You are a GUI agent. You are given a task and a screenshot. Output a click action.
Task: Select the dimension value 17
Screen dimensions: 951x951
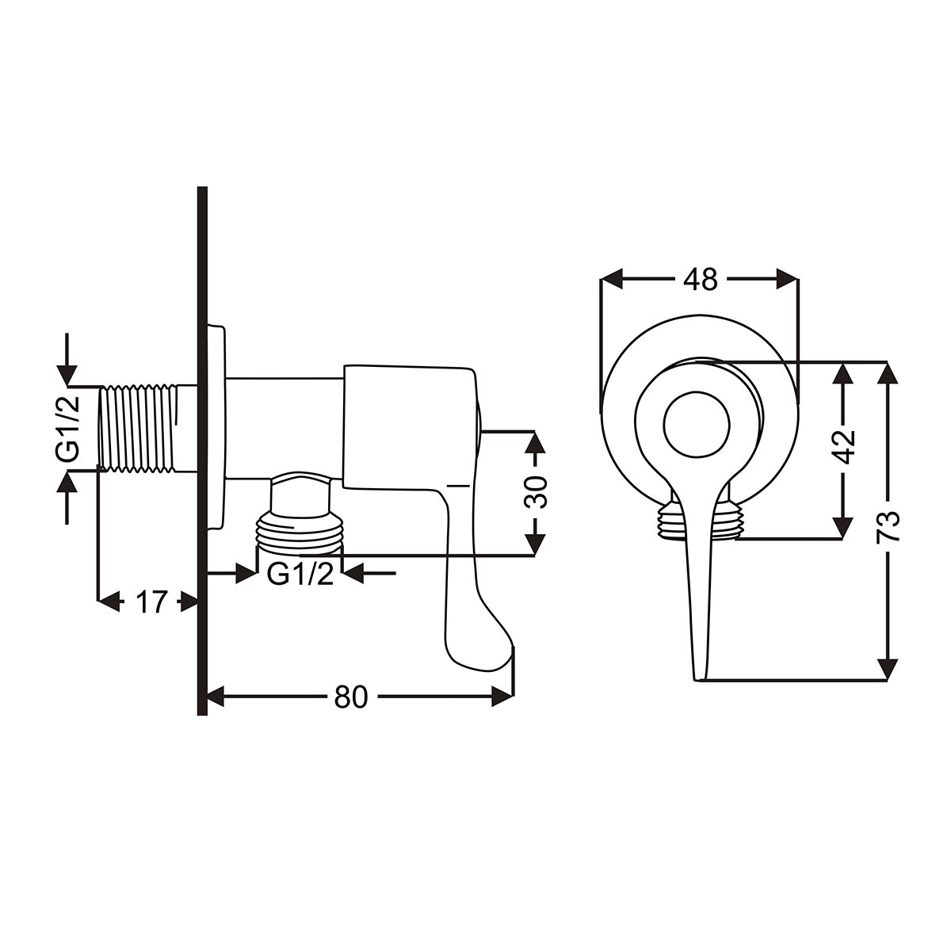[151, 602]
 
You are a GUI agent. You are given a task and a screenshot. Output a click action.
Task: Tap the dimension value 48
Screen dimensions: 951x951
[700, 280]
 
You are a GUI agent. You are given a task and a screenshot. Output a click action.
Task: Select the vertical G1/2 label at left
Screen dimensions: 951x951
[68, 427]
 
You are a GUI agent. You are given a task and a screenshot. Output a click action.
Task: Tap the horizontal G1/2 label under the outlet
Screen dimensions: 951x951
[300, 574]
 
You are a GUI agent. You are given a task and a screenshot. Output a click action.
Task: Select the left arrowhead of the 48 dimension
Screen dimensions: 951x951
[610, 279]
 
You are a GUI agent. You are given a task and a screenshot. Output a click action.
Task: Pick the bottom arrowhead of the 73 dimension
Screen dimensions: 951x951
[888, 670]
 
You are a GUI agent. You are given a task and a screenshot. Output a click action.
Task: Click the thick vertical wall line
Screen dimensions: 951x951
[202, 451]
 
